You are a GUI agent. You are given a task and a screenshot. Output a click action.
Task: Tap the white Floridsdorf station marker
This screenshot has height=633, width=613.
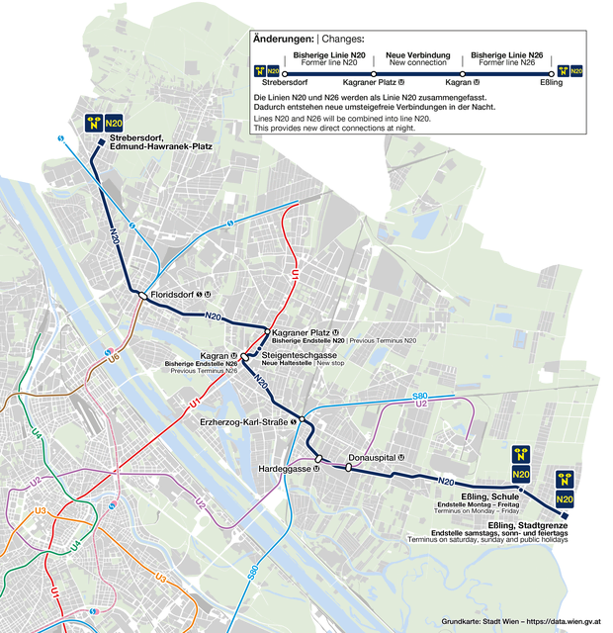click(x=142, y=295)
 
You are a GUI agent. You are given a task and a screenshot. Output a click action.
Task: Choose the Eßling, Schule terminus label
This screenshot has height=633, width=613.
click(x=490, y=496)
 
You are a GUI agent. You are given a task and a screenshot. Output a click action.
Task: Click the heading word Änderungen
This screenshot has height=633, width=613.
click(x=283, y=39)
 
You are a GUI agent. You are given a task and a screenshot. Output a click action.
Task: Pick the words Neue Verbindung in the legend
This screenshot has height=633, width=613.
click(x=418, y=54)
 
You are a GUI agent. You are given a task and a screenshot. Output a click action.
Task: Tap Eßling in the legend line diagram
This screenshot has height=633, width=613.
click(x=551, y=82)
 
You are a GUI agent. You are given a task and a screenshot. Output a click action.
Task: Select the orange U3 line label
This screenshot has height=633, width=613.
click(x=41, y=510)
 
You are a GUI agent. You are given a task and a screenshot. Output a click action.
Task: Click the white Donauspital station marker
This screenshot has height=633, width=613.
click(x=349, y=467)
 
